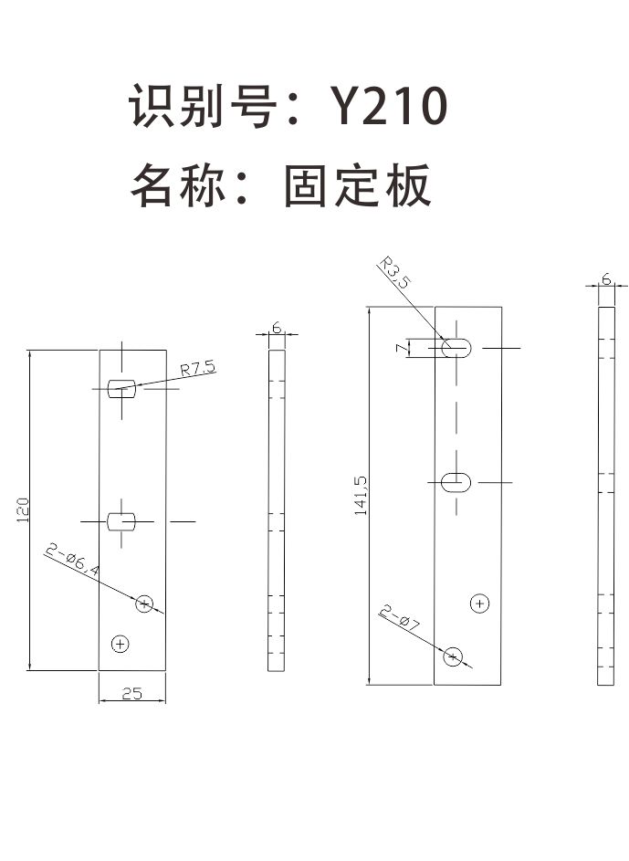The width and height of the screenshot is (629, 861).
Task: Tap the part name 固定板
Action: pos(357,185)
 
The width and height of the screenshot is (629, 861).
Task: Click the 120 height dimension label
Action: pos(23,509)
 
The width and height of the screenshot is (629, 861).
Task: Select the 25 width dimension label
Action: pos(132,693)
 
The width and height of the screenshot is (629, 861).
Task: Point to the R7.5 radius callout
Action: pos(198,368)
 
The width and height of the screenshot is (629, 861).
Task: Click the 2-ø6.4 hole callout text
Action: pos(72,560)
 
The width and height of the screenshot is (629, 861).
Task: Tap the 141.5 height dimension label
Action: pos(361,495)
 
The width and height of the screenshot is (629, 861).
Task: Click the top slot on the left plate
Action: pos(121,388)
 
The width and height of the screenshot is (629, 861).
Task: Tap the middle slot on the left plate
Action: pos(121,521)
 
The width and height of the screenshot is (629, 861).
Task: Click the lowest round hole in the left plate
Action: pos(121,644)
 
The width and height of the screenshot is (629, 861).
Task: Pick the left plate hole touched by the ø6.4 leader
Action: pos(144,604)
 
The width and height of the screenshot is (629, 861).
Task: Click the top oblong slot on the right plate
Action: pos(456,348)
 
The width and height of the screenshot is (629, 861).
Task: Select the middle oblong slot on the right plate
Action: pos(456,483)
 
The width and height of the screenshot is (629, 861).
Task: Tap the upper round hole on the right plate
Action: pos(479,604)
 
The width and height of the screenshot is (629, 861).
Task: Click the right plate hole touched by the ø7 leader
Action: pos(453,656)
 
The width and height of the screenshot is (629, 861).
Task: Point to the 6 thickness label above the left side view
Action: pos(277,328)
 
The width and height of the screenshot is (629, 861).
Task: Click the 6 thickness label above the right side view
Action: pos(606,279)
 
